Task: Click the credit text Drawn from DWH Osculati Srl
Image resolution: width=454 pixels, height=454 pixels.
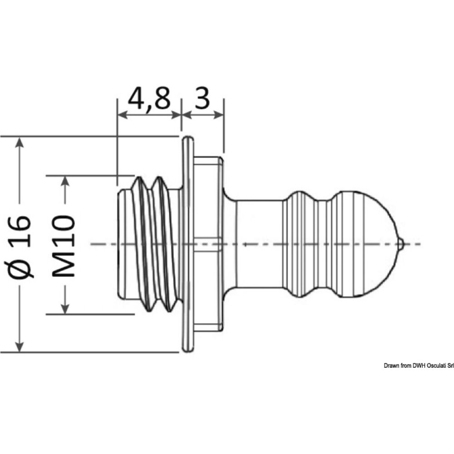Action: pyautogui.click(x=418, y=365)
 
